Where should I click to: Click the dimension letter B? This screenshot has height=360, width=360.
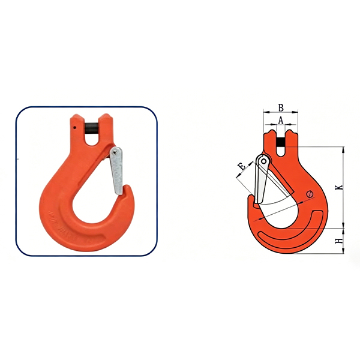tap(281, 107)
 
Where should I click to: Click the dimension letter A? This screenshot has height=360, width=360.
tap(281, 120)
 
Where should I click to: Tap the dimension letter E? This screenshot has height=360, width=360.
tap(242, 166)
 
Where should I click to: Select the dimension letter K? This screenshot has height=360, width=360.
tap(340, 187)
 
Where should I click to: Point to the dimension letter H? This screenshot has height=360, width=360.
tap(340, 241)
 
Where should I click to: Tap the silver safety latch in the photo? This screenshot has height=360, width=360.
tap(116, 171)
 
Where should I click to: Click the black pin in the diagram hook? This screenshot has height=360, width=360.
tap(281, 142)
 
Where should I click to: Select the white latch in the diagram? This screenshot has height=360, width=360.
tap(262, 179)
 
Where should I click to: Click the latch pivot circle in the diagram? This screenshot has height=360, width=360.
tap(264, 161)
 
